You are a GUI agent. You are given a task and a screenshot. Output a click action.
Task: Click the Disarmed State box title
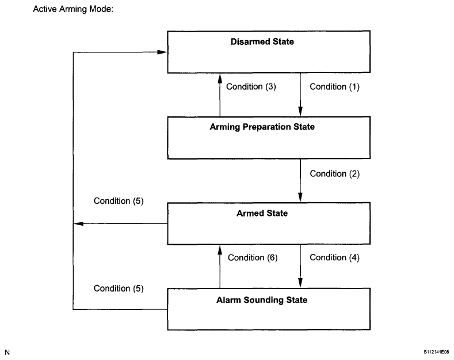tap(262, 41)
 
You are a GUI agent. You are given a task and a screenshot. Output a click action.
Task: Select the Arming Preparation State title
tap(262, 127)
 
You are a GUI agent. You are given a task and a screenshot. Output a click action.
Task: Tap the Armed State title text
tap(262, 213)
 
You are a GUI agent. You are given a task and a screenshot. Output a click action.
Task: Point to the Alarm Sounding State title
tap(262, 300)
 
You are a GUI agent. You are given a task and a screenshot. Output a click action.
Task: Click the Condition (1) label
tap(334, 86)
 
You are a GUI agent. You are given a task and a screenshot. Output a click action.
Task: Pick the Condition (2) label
tap(334, 173)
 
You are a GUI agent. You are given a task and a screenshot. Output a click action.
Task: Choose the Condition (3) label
tap(251, 86)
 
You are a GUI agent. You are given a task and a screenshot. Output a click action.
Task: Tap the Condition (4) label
tap(334, 257)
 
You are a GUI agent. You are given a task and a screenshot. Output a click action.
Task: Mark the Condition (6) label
tap(253, 257)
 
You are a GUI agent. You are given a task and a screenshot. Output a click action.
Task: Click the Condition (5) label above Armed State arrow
tap(119, 201)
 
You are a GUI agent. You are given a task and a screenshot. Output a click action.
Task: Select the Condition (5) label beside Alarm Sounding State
tap(119, 289)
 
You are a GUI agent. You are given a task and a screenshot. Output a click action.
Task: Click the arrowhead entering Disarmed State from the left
tap(162, 52)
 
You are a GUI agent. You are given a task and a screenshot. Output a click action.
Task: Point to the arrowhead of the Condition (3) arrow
tap(220, 78)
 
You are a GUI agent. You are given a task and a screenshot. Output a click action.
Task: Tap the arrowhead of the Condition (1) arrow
tap(300, 111)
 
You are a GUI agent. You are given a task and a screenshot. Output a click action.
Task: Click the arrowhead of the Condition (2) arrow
tap(300, 198)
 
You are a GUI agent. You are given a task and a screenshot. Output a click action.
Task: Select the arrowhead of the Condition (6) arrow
tap(220, 250)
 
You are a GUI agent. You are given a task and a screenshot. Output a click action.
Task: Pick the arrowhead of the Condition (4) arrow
tap(300, 283)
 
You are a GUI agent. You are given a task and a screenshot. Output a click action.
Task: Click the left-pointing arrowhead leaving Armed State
tap(78, 223)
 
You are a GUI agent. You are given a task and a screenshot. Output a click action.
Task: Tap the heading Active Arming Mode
tap(73, 9)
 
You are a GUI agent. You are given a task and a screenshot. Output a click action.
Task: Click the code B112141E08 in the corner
tap(436, 352)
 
